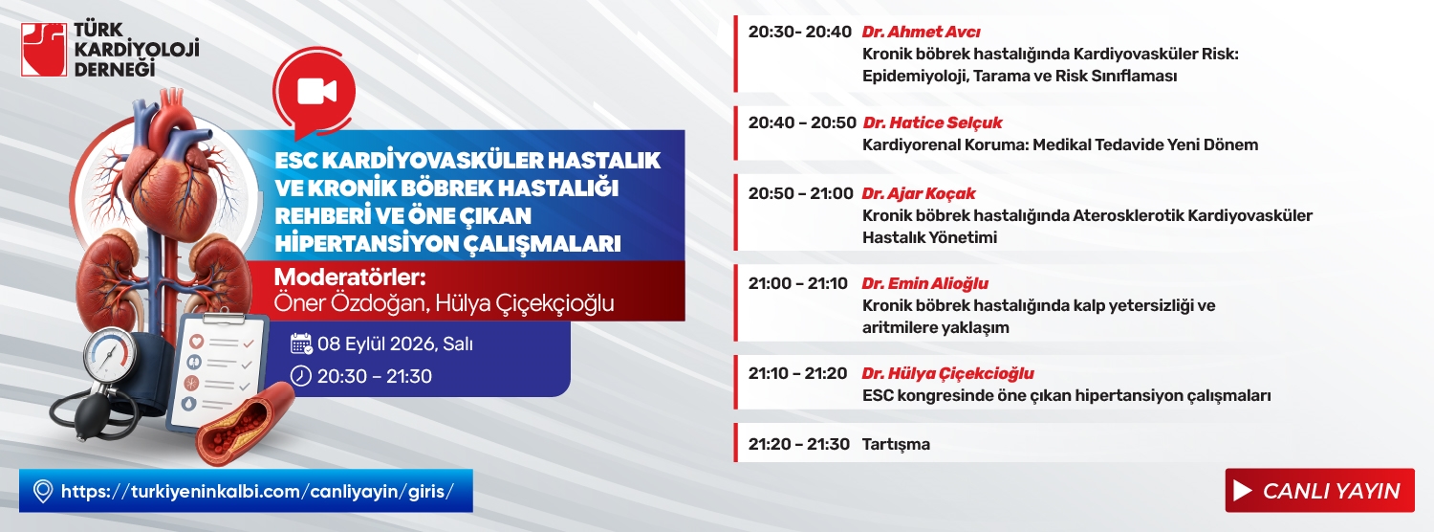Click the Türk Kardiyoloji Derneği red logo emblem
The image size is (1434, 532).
(x=44, y=50)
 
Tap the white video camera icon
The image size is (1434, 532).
(x=316, y=91)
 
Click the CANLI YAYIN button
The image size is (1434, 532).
(x=1319, y=490)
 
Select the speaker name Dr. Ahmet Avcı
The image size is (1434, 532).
(x=921, y=32)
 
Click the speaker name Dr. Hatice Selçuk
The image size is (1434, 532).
(x=932, y=122)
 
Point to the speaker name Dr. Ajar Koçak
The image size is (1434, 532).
(x=918, y=193)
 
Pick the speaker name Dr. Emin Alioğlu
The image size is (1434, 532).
(x=924, y=283)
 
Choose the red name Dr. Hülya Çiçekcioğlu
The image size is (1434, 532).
(x=947, y=373)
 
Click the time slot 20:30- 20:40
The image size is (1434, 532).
(x=799, y=32)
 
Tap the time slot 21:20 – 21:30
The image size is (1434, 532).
(x=799, y=444)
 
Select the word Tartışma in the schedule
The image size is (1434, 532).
(x=896, y=444)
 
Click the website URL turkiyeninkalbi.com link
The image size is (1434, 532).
(x=257, y=492)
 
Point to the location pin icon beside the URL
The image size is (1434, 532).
(x=42, y=492)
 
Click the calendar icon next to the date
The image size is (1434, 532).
(x=301, y=344)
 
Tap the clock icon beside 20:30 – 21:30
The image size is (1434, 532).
(x=301, y=376)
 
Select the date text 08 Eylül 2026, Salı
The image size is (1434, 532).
(x=395, y=344)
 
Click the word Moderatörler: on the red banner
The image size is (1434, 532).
(x=350, y=277)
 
